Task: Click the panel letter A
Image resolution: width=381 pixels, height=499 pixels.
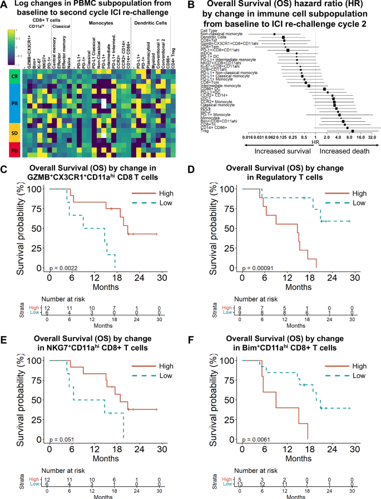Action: (x=6, y=5)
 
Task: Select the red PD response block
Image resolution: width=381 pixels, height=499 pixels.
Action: (x=13, y=151)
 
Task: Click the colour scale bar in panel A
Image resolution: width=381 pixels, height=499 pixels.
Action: (x=11, y=47)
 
